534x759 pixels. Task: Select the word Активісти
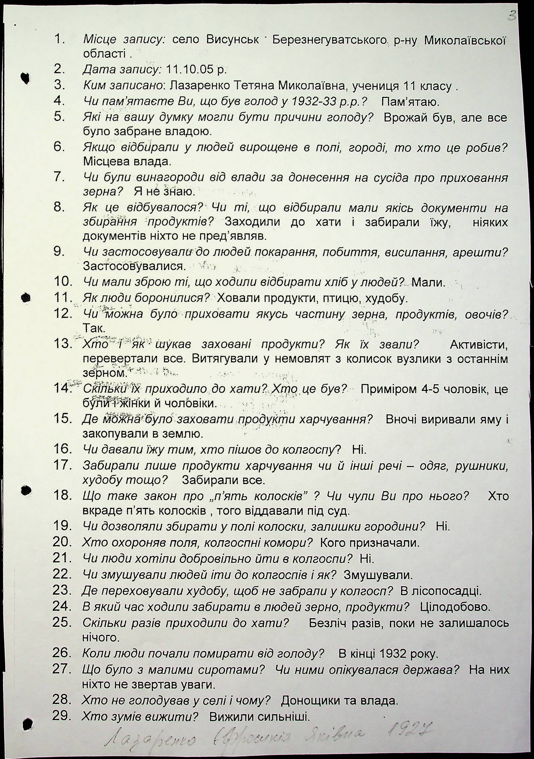[x=478, y=345]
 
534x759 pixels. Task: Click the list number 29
[x=62, y=715]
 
